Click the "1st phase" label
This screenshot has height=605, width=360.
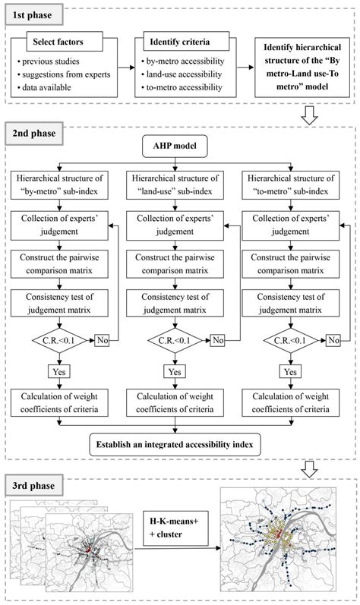33,15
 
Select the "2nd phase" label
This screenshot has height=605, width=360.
34,133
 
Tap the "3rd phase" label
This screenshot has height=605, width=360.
34,485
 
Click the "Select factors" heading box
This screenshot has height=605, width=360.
65,42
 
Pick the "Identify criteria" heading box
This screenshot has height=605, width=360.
180,42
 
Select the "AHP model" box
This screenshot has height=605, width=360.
175,146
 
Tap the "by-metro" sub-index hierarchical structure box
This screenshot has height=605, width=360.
59,184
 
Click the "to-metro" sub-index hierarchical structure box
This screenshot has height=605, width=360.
291,184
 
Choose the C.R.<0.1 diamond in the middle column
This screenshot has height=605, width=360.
175,340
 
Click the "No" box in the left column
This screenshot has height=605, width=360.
103,340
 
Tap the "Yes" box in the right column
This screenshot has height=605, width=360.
290,371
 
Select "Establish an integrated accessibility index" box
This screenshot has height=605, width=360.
175,444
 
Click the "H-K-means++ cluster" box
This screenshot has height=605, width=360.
175,528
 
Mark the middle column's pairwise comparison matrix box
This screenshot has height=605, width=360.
175,264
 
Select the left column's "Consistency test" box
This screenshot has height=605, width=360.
59,304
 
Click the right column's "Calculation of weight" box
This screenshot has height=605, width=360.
291,403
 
